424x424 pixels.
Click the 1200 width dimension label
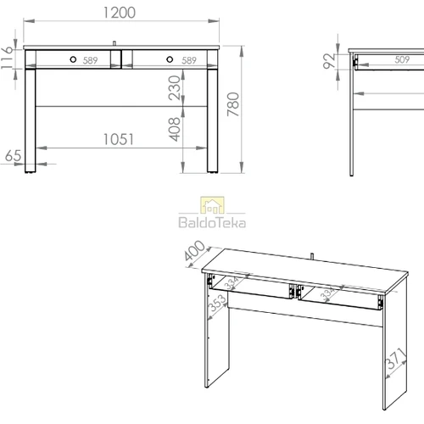click(x=120, y=13)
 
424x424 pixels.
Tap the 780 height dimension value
click(x=233, y=104)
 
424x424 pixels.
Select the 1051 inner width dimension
click(x=118, y=139)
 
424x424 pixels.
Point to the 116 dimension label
click(x=7, y=58)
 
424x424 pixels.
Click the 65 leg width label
click(x=13, y=156)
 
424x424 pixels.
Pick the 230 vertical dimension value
click(x=174, y=88)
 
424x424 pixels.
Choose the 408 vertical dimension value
click(x=174, y=129)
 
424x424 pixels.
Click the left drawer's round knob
click(x=73, y=59)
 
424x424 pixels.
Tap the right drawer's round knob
click(x=170, y=59)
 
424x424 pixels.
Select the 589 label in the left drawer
click(x=90, y=60)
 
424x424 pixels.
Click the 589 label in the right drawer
click(x=189, y=60)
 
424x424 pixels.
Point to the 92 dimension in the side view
click(x=329, y=61)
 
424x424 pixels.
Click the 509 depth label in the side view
click(x=402, y=59)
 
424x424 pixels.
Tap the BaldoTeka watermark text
click(x=212, y=222)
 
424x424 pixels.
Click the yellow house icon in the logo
click(x=212, y=205)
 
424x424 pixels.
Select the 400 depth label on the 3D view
click(x=194, y=251)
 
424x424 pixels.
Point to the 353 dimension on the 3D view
click(x=217, y=303)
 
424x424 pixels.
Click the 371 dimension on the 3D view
click(x=396, y=359)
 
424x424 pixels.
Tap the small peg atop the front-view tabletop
click(x=114, y=43)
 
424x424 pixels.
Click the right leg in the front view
click(x=213, y=120)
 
